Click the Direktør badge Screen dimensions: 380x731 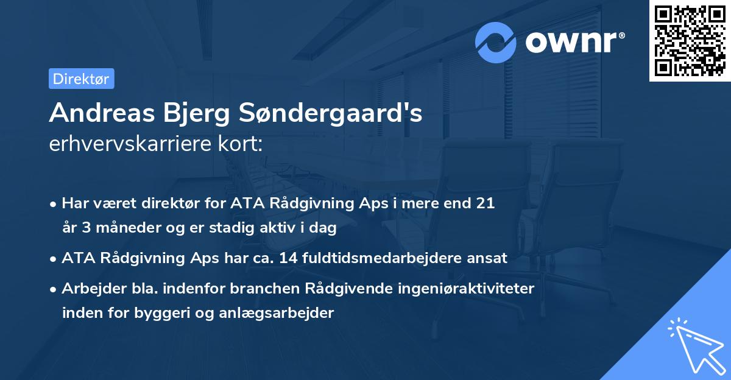tap(81, 79)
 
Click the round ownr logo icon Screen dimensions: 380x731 tap(496, 42)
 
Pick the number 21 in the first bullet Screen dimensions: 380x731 tap(486, 203)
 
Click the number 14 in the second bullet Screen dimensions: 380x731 tap(288, 258)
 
